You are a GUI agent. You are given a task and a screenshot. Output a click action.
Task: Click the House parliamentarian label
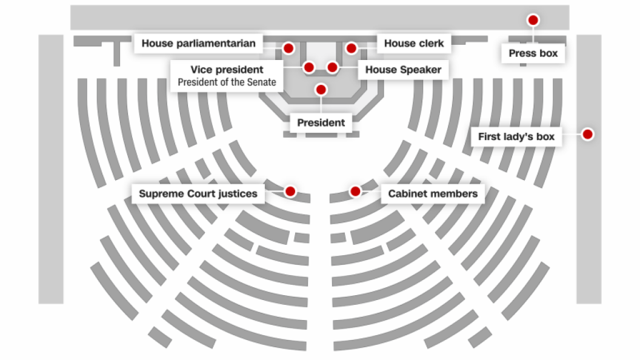198,43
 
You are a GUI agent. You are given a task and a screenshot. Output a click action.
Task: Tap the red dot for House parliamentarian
288,48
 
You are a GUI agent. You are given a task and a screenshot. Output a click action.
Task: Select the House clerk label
414,43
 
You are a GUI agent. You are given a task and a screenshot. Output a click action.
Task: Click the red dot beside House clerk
351,48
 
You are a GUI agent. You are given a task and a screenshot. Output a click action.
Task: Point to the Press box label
533,53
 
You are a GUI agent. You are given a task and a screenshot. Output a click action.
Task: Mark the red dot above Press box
533,20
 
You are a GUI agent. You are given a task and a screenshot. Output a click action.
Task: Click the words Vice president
227,69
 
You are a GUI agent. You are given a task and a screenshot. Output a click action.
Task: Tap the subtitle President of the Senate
227,82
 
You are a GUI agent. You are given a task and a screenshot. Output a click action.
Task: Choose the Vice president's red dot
309,67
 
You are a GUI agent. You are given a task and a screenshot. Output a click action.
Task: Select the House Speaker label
403,70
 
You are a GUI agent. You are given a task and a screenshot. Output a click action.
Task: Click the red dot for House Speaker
332,67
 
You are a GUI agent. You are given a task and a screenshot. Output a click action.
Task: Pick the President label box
321,122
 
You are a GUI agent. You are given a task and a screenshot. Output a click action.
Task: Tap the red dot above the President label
321,89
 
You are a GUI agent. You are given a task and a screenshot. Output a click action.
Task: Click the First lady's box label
516,136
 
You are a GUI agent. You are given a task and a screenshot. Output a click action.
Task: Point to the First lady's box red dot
587,135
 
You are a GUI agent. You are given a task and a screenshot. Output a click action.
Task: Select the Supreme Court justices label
198,193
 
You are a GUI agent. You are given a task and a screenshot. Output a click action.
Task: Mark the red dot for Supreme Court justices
290,191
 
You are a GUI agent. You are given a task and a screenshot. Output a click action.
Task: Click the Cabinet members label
433,193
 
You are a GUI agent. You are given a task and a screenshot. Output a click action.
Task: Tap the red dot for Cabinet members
355,191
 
